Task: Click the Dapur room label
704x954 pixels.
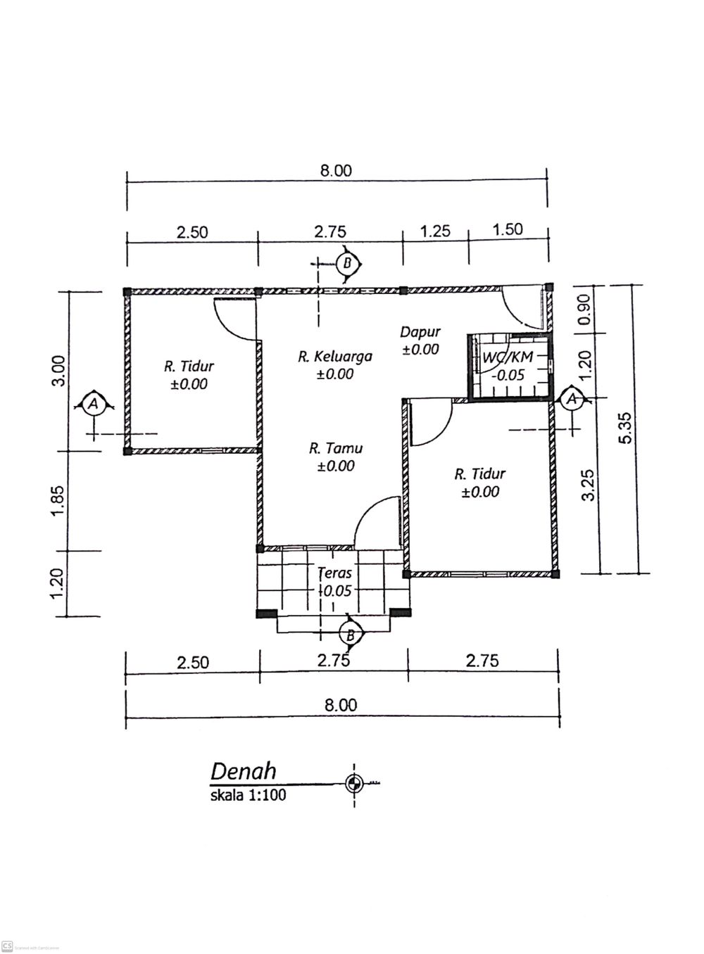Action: [x=420, y=332]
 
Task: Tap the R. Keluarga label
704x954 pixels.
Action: [x=335, y=357]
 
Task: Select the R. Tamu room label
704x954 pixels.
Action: [x=336, y=448]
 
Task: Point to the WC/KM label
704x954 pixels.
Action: [x=508, y=357]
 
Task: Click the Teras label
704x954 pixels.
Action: [x=335, y=573]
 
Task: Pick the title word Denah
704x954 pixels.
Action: [x=244, y=772]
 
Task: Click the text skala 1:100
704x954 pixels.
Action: [x=249, y=795]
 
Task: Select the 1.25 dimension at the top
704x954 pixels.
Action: [x=435, y=231]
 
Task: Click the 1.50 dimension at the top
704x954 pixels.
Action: [x=508, y=229]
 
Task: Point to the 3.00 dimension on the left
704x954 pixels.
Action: [x=59, y=371]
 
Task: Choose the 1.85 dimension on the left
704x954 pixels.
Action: [x=57, y=500]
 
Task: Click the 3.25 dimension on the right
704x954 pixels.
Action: [x=588, y=485]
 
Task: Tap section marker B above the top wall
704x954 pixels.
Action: [x=348, y=264]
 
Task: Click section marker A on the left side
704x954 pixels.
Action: [x=94, y=403]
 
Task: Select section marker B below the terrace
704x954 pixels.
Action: [x=351, y=635]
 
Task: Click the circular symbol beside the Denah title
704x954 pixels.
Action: [x=353, y=783]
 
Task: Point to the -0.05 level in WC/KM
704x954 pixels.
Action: [x=508, y=375]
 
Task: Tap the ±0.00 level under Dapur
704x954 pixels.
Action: [x=420, y=350]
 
